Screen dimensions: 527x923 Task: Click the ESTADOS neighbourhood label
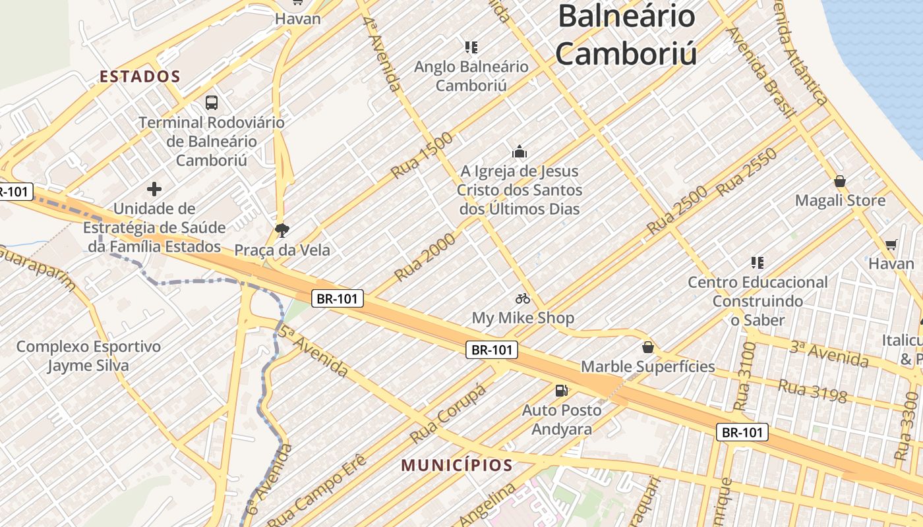[x=140, y=76]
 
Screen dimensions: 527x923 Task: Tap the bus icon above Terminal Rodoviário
[x=211, y=102]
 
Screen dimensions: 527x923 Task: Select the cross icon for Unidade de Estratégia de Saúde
[x=154, y=190]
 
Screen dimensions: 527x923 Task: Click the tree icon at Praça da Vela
[x=282, y=230]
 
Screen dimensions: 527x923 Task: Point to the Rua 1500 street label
[x=422, y=155]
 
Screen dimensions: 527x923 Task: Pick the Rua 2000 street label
[x=425, y=257]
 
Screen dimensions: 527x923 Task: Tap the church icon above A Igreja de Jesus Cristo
[x=520, y=152]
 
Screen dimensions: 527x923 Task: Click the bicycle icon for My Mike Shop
[x=523, y=298]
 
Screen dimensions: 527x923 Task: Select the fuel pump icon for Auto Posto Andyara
[x=561, y=391]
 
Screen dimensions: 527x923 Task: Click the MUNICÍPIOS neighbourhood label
[x=457, y=465]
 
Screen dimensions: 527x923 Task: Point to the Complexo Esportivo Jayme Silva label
[x=88, y=356]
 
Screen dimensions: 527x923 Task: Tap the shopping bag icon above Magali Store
[x=840, y=181]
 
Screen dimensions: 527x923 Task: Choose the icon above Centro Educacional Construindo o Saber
[x=758, y=263]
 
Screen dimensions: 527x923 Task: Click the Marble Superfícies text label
[x=647, y=366]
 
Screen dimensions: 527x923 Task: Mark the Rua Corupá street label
[x=448, y=413]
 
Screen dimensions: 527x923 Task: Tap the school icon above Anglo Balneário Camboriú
[x=471, y=47]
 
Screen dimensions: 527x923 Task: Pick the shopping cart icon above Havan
[x=891, y=244]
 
